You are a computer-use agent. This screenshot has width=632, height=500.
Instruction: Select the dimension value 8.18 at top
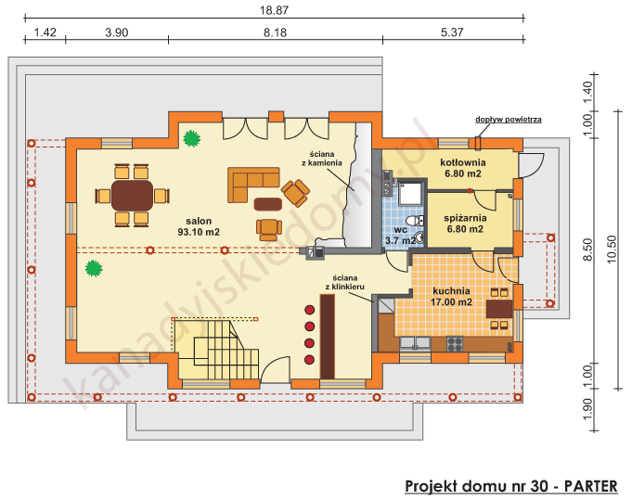(276, 32)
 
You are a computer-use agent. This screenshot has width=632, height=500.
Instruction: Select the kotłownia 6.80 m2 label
(460, 167)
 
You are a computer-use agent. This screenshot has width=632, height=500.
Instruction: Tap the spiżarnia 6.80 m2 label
(460, 223)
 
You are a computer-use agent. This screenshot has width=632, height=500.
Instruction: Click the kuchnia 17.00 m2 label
(453, 296)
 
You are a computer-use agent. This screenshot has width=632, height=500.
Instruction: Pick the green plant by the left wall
(93, 269)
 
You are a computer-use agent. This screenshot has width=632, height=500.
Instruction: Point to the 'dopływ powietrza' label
(508, 120)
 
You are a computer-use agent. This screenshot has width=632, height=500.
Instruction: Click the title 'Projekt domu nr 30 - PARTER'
(515, 486)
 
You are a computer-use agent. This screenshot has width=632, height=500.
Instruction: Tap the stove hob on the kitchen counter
(455, 343)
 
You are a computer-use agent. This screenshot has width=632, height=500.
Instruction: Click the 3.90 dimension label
(116, 32)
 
